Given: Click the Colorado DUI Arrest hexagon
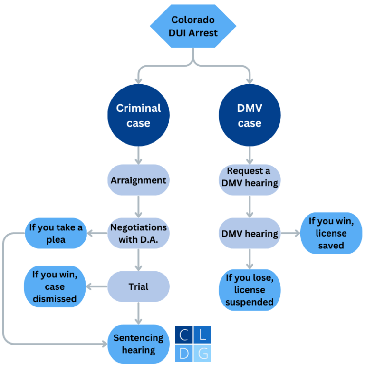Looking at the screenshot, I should tap(193, 26).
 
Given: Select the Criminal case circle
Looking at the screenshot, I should tap(138, 116).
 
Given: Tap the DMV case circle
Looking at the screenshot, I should tap(250, 116).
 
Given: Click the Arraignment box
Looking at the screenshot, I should tap(138, 180).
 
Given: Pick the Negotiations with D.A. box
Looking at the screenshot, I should tap(138, 233).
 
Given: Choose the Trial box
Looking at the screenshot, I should tap(138, 287).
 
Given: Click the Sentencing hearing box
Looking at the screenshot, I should tap(138, 344).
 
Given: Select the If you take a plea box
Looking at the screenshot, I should tap(56, 234).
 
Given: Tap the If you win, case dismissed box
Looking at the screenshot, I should tap(55, 287).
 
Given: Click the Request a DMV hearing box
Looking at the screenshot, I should tap(250, 177).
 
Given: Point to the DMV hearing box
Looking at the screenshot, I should tap(250, 234).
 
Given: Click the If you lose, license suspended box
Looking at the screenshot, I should tap(250, 290).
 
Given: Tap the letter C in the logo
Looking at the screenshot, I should tap(184, 335).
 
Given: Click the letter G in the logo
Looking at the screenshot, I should tap(203, 353).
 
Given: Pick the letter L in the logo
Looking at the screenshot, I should tap(203, 335).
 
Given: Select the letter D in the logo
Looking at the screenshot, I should tap(184, 353).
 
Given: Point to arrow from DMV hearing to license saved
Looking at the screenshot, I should tap(291, 234).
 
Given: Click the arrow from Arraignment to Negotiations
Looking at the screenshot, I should tap(138, 206).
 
